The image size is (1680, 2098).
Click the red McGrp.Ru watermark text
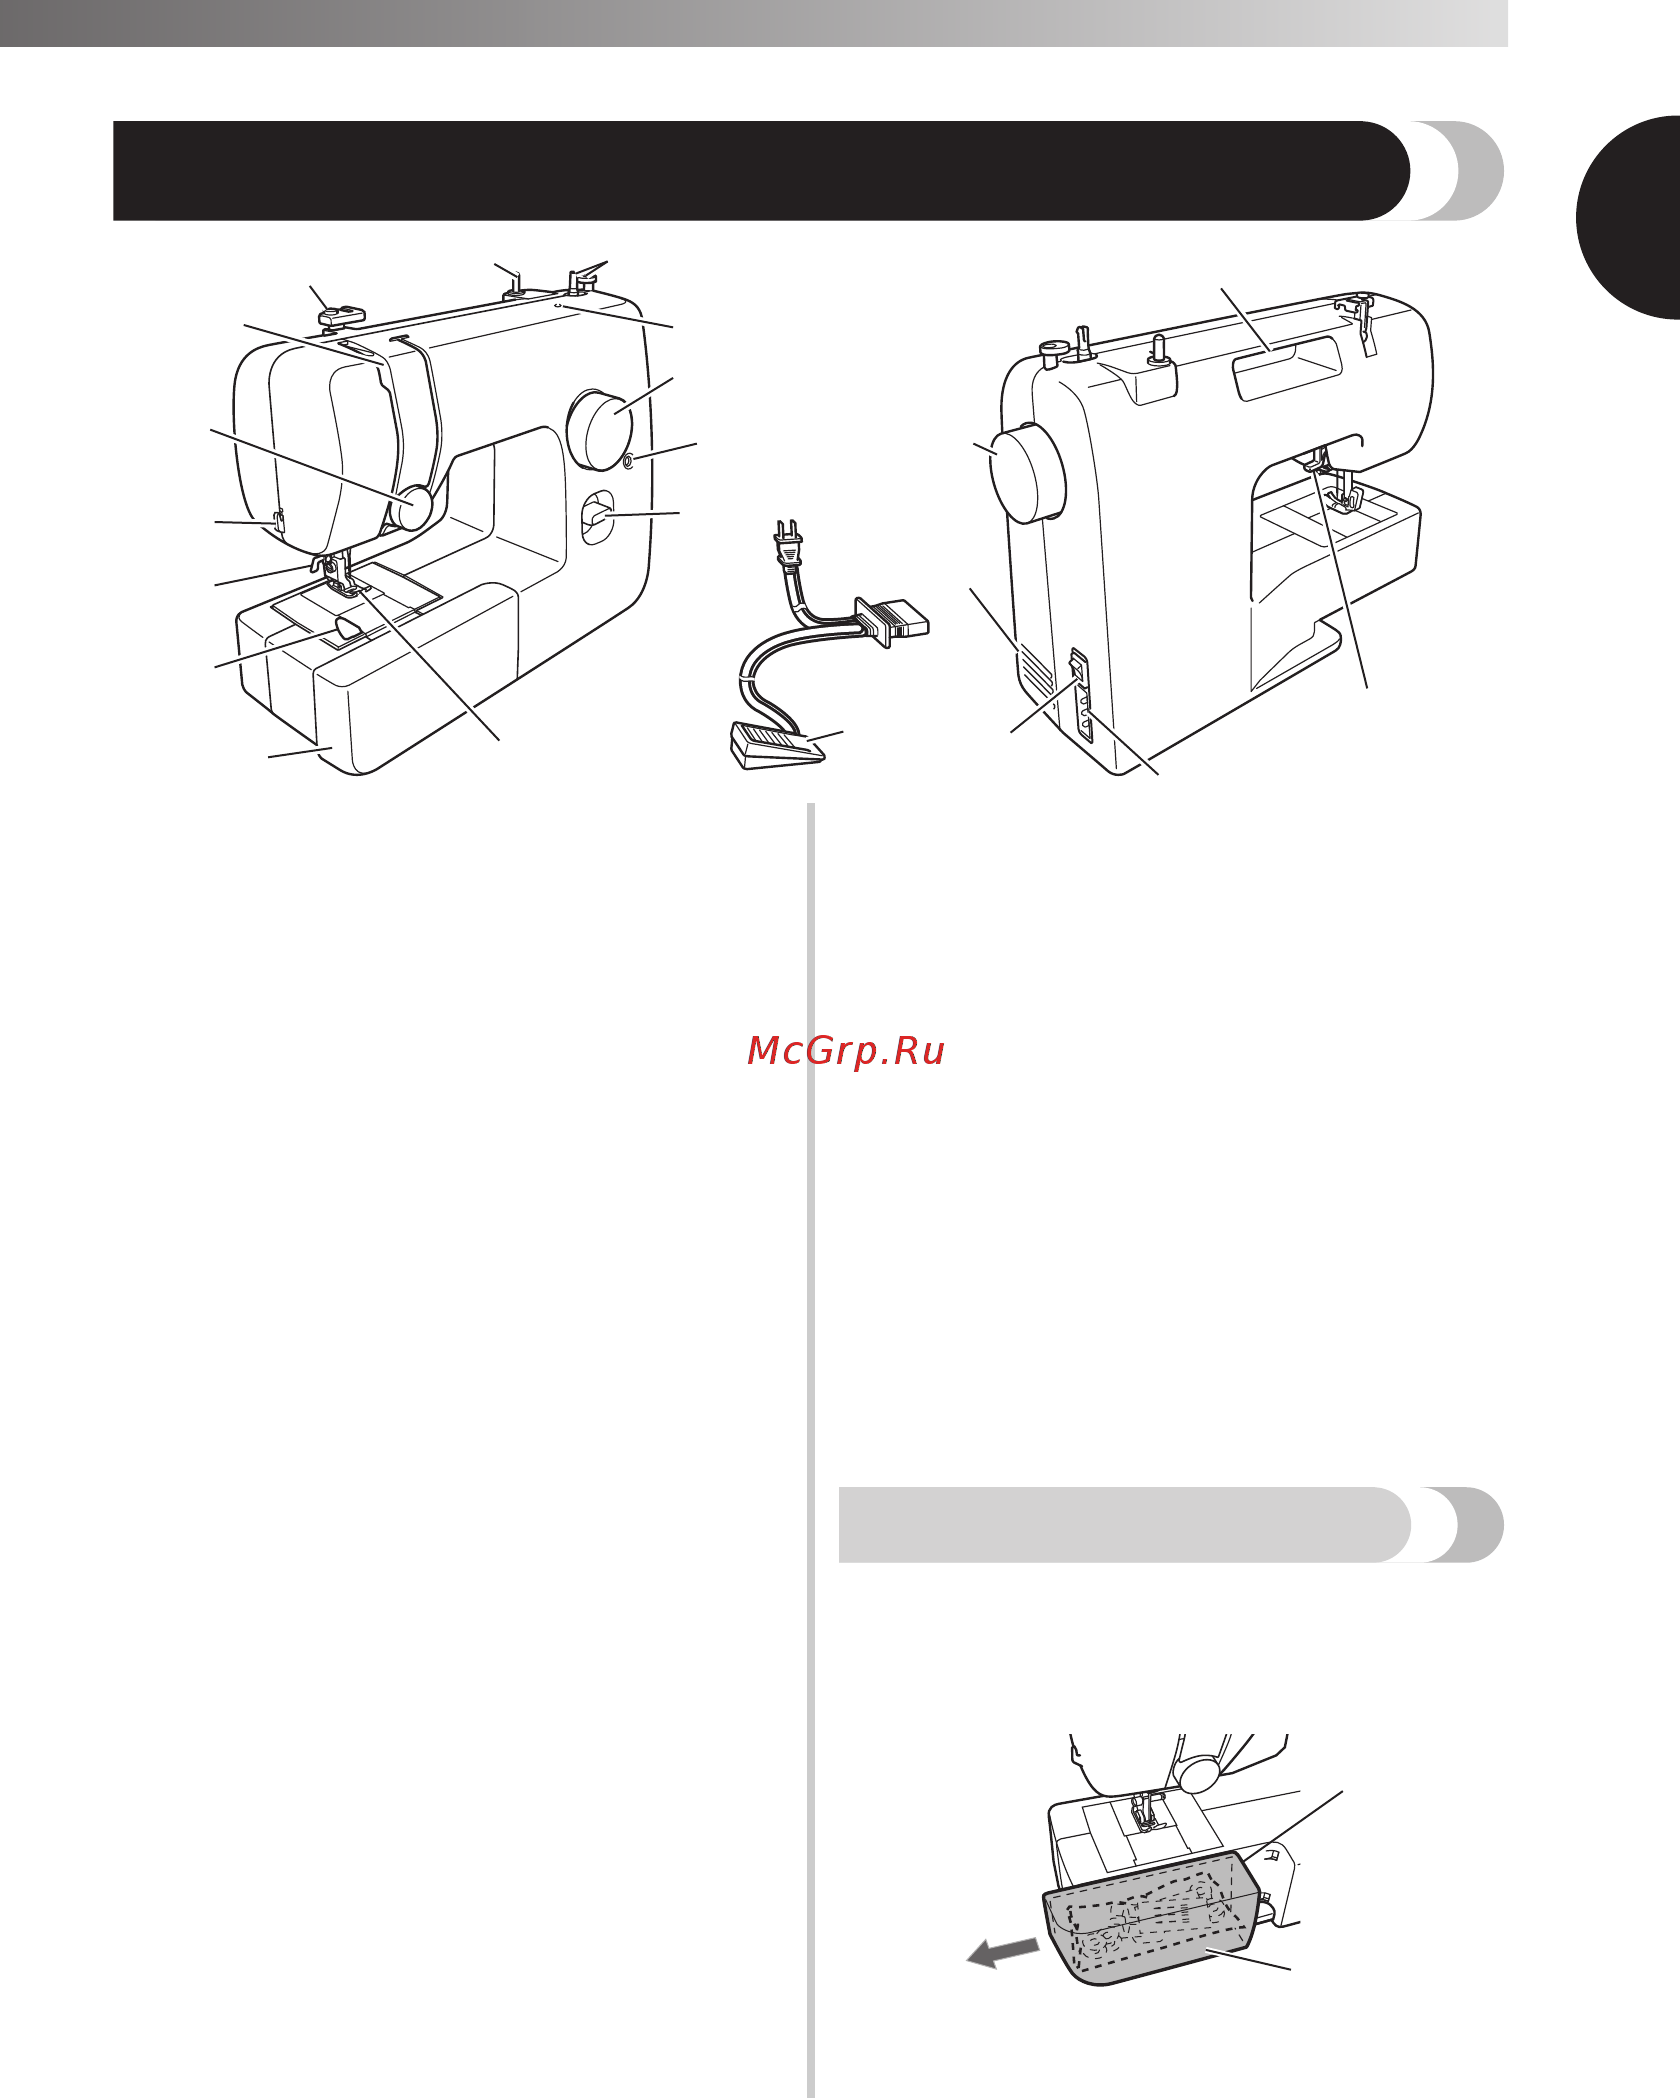[846, 1051]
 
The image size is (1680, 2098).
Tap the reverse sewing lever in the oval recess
[597, 518]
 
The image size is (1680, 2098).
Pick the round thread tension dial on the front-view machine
[411, 508]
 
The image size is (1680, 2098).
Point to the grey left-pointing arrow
[1003, 1950]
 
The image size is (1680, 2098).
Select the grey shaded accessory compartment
[1150, 1919]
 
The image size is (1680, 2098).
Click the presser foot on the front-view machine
[338, 582]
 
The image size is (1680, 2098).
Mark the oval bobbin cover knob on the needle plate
[351, 629]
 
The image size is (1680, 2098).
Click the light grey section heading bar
[1170, 1524]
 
